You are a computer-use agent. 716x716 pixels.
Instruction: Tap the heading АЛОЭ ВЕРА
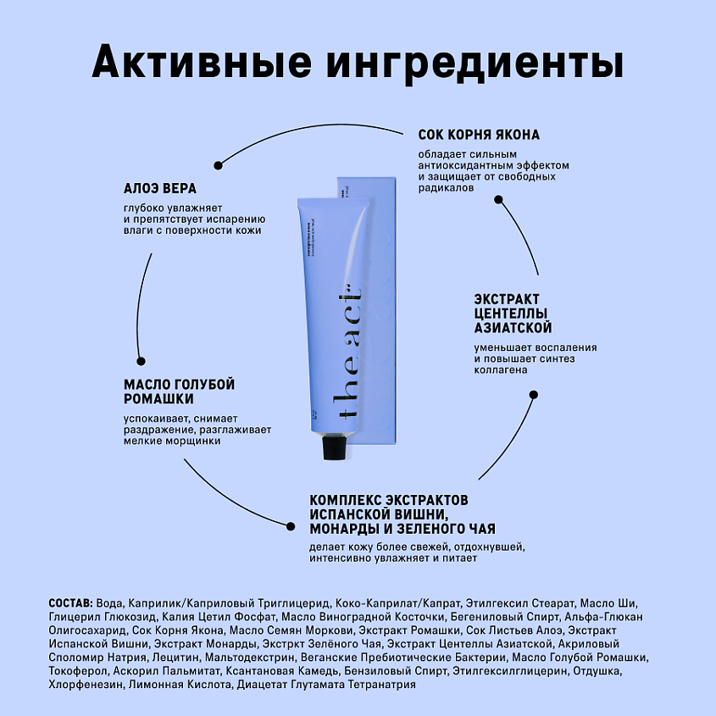coord(160,188)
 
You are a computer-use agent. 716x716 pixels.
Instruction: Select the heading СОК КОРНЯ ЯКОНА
coord(479,135)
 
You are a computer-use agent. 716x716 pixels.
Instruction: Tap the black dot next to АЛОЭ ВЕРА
coord(219,164)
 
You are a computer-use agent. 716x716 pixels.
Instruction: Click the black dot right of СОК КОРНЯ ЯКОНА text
coord(498,201)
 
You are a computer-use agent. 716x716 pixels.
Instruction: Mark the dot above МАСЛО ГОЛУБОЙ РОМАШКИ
coord(137,359)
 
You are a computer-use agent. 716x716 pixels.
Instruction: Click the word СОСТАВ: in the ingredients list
coord(73,602)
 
